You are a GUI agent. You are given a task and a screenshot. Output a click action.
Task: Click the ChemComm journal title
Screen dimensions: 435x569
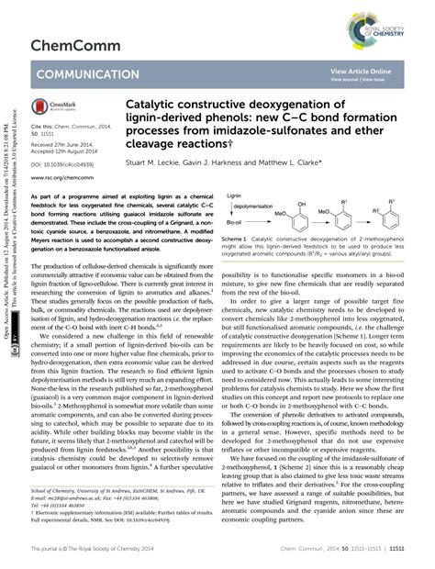[72, 44]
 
